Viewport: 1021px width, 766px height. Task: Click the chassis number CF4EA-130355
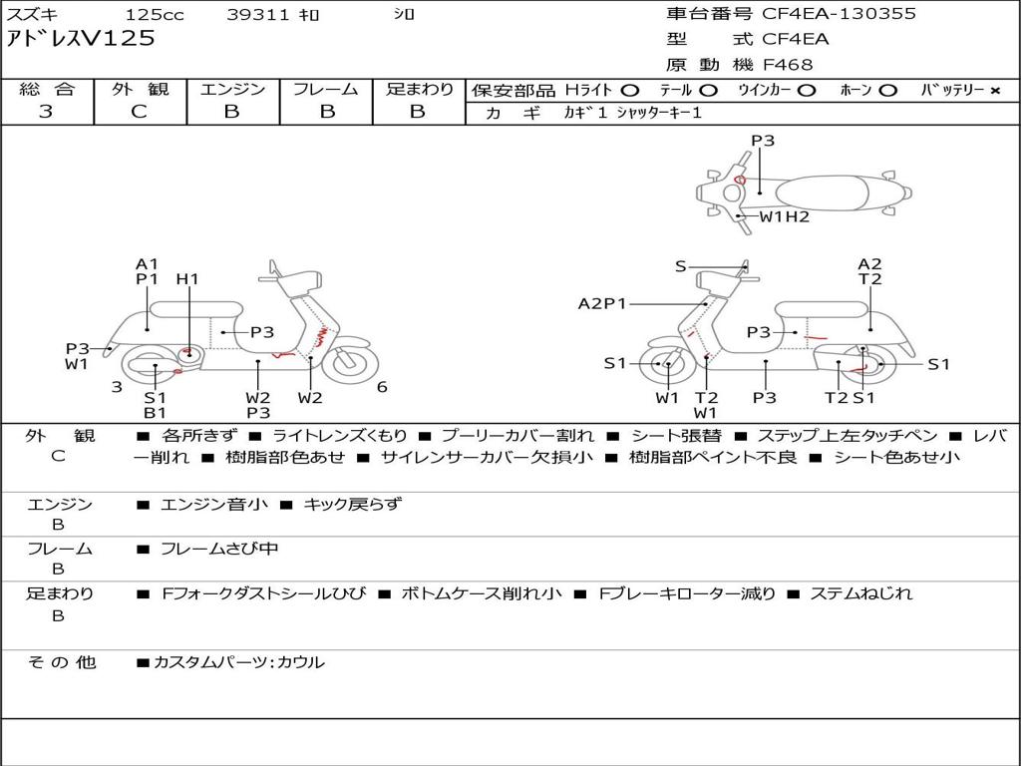(x=839, y=13)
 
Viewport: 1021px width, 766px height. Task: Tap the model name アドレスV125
(x=81, y=38)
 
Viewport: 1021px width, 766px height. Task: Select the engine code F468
(x=788, y=65)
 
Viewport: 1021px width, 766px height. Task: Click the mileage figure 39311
(x=258, y=14)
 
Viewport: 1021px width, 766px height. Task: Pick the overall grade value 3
(x=46, y=112)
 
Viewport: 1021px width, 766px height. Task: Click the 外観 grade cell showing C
(x=139, y=112)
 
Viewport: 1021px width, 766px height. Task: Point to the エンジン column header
(x=232, y=89)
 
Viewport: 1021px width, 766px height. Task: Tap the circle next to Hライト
(x=630, y=91)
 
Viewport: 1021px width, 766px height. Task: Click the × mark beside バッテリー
(x=995, y=91)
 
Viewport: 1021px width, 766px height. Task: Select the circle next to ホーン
(x=888, y=91)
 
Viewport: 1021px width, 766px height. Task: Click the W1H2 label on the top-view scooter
(x=784, y=216)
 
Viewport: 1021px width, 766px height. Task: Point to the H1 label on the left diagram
(x=186, y=279)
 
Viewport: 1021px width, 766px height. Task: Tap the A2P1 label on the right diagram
(x=601, y=303)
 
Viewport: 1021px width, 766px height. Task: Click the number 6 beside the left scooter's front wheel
(x=382, y=387)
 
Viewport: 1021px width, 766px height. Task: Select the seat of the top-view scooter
(x=822, y=193)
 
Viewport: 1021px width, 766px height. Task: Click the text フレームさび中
(x=219, y=550)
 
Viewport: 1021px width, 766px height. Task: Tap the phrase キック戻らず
(x=353, y=504)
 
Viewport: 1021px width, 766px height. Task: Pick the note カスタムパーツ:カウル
(x=238, y=662)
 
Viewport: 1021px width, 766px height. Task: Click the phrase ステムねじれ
(x=860, y=593)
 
